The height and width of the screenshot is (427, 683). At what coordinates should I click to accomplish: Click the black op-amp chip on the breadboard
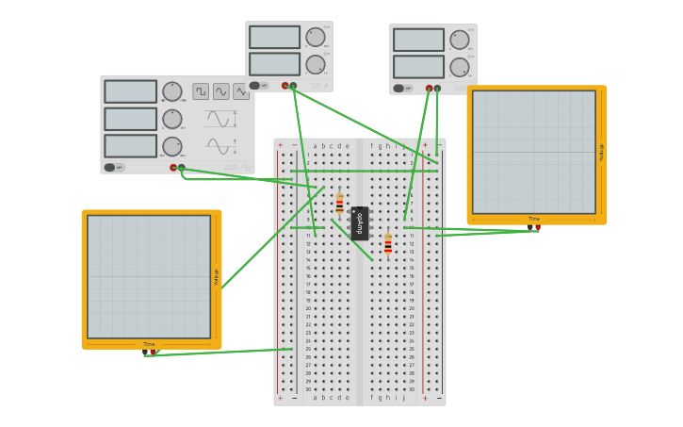(360, 223)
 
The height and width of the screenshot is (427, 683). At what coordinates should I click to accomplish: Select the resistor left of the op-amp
(339, 205)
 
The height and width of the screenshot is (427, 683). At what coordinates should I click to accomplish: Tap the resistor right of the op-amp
(387, 244)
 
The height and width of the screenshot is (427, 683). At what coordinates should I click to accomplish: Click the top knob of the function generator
(171, 91)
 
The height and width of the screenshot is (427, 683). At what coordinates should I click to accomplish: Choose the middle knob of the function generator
(171, 119)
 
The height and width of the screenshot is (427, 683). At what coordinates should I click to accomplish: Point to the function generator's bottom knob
(171, 146)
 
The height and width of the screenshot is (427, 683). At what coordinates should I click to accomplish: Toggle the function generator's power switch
(110, 167)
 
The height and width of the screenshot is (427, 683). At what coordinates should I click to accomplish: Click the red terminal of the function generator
(173, 168)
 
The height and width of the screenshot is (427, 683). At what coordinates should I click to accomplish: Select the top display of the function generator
(131, 91)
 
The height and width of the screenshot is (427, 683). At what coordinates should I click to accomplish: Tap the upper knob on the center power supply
(315, 37)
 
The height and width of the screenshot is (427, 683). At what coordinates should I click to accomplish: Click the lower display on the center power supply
(274, 64)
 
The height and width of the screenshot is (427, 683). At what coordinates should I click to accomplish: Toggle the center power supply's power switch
(254, 85)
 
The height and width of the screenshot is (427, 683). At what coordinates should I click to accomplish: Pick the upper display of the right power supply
(418, 40)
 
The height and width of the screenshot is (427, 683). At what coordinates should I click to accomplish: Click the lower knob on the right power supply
(459, 67)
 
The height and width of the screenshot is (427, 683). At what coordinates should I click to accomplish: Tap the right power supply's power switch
(398, 89)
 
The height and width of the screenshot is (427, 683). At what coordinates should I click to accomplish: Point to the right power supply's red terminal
(429, 89)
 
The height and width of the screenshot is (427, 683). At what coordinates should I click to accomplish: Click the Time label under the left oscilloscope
(149, 344)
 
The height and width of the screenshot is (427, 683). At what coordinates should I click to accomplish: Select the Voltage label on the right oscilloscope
(602, 152)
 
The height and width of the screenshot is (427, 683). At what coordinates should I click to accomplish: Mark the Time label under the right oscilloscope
(534, 219)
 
